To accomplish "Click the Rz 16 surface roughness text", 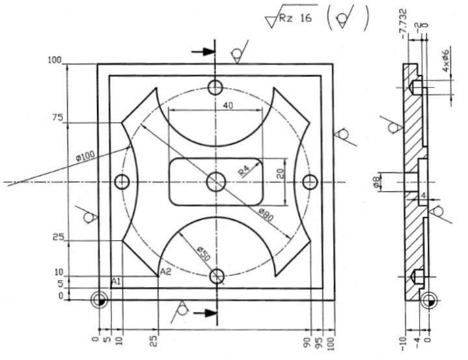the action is click(x=296, y=18).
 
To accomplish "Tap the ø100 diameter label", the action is click(x=85, y=156).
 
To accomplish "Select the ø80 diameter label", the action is click(x=266, y=215).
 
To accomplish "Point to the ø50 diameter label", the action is click(x=204, y=253).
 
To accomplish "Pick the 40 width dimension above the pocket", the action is click(x=228, y=105).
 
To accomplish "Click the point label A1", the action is click(x=116, y=281).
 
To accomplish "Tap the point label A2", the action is click(x=166, y=271).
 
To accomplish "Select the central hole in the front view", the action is click(x=216, y=182).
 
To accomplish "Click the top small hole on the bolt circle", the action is click(x=215, y=87).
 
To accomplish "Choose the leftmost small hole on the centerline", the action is click(x=122, y=182).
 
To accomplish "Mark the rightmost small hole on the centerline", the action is click(x=310, y=182).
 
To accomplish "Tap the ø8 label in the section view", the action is click(x=377, y=182).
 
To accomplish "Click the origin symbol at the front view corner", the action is click(x=100, y=300).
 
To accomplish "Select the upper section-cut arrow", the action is click(x=203, y=51).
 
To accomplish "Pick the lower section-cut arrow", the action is click(x=205, y=313).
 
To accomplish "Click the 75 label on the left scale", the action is click(x=57, y=118).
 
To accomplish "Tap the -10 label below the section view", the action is click(x=403, y=344).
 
